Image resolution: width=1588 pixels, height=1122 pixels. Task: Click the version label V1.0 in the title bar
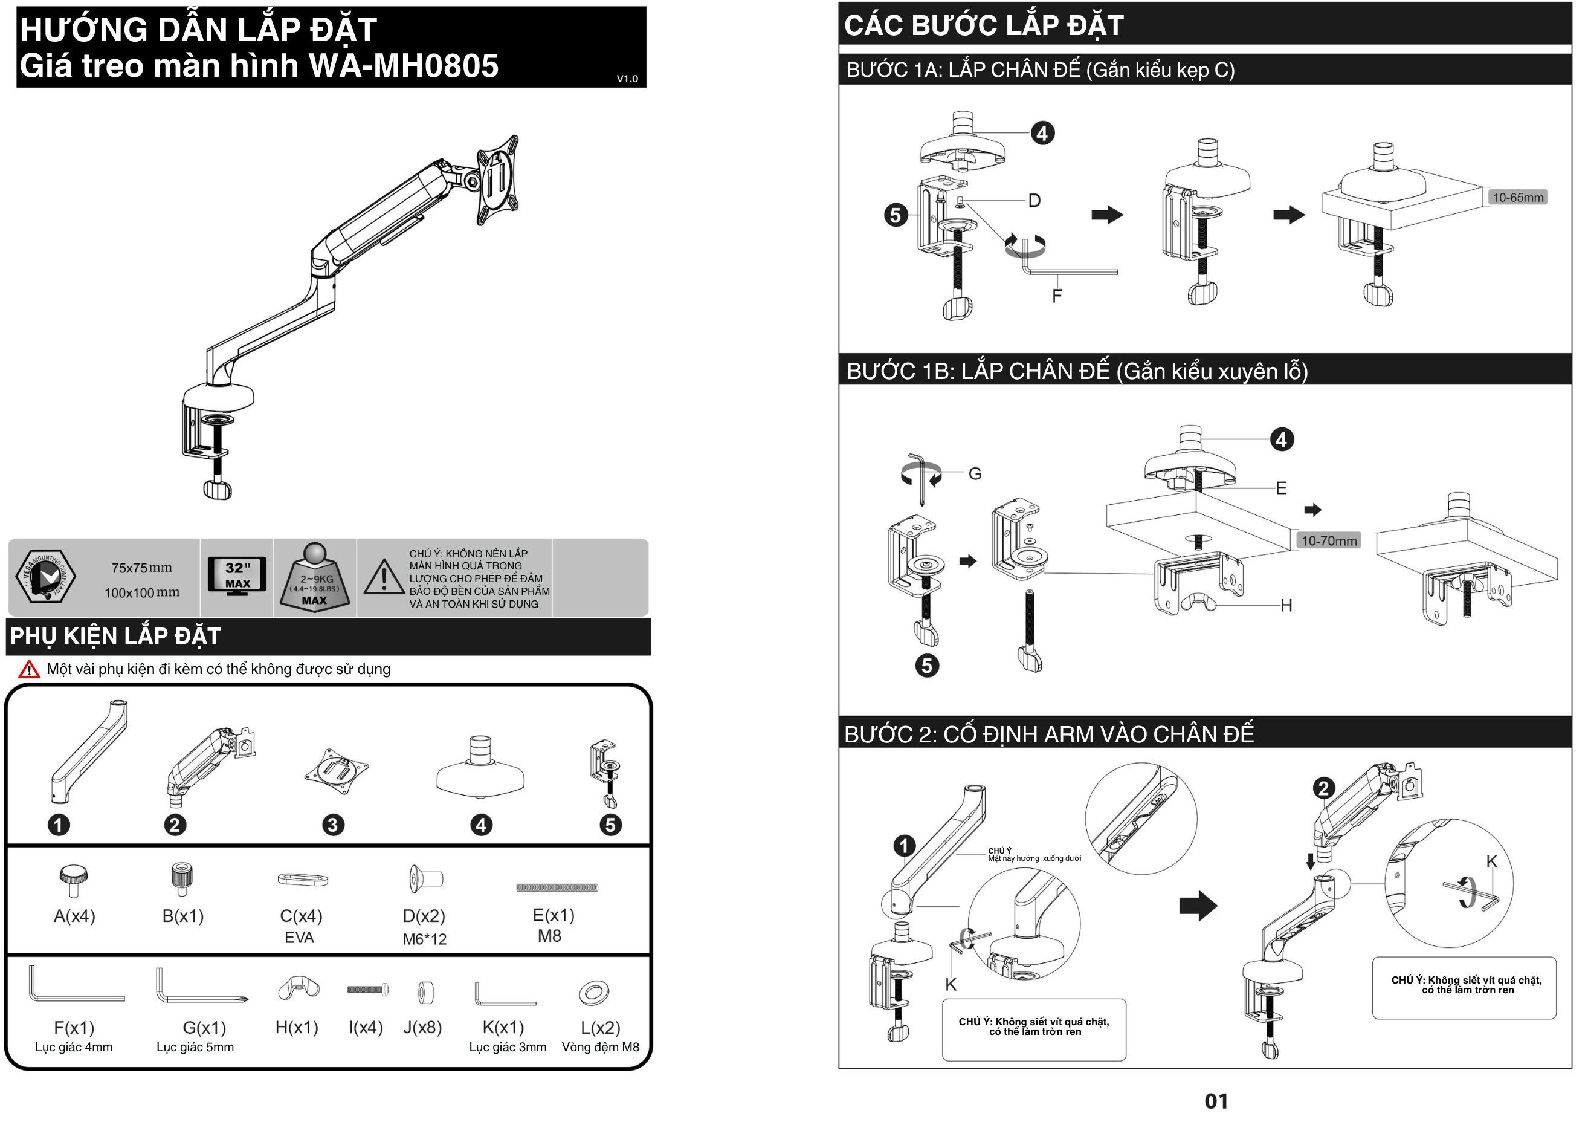click(627, 79)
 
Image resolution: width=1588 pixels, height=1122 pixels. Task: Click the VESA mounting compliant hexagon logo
click(46, 576)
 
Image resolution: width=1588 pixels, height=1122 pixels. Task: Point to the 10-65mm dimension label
click(1517, 198)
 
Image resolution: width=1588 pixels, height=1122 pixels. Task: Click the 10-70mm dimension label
click(1329, 541)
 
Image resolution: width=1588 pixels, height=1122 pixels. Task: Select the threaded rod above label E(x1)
click(557, 887)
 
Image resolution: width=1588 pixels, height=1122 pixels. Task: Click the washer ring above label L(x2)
click(593, 994)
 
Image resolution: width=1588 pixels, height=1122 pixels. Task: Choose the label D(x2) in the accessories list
click(424, 916)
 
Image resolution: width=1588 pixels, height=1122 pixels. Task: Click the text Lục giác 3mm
click(508, 1047)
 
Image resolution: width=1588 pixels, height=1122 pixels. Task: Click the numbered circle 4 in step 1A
click(1042, 133)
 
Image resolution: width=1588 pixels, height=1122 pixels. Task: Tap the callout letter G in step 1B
click(975, 474)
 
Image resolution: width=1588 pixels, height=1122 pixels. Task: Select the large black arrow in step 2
click(1198, 906)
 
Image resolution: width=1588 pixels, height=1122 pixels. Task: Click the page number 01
click(1216, 1101)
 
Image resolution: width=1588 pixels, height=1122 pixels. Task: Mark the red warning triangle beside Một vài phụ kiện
click(29, 670)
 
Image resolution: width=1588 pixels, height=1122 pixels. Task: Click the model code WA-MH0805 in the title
click(403, 66)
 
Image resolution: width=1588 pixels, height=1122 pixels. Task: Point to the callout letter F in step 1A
click(1057, 296)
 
